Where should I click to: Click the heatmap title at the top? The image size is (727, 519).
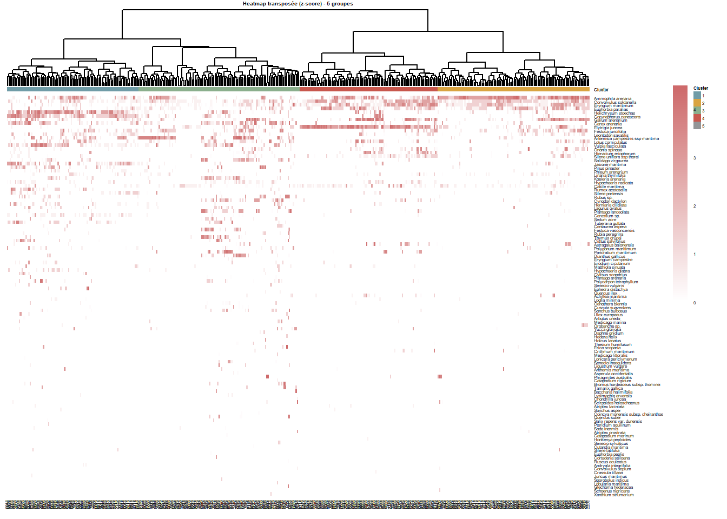tap(298, 4)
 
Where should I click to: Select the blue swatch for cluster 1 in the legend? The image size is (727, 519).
tap(697, 96)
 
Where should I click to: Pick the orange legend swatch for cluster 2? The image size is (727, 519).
tap(697, 103)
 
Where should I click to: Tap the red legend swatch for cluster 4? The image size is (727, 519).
tap(697, 118)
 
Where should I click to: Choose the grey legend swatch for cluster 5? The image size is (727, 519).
tap(697, 126)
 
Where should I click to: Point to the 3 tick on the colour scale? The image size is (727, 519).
tap(695, 158)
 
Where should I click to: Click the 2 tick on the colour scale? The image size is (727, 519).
tap(695, 206)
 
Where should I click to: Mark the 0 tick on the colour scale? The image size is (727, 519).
tap(695, 303)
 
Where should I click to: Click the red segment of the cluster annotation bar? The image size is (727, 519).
tap(368, 89)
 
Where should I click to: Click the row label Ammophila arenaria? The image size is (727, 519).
tap(612, 98)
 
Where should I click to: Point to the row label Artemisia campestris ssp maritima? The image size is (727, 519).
tap(626, 139)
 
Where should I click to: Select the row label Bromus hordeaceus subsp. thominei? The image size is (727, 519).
tap(627, 385)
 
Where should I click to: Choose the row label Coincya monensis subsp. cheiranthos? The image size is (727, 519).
tap(629, 414)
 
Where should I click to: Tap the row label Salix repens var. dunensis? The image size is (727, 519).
tap(618, 422)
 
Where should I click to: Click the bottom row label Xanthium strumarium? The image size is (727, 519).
tap(613, 495)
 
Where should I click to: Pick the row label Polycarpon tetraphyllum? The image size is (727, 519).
tap(616, 282)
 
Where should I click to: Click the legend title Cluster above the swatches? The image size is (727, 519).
tap(700, 88)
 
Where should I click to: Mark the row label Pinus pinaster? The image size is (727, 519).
tap(607, 168)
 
